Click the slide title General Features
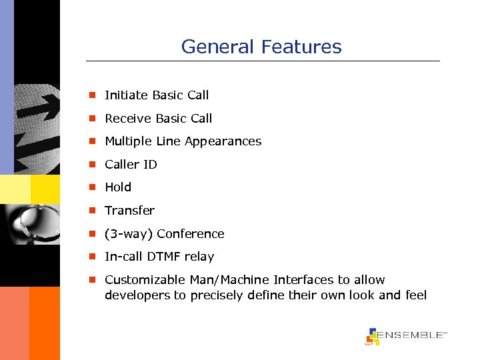[261, 47]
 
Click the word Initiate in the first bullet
[125, 95]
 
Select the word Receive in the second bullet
[127, 119]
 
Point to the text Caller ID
[131, 165]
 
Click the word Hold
[118, 187]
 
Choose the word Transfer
[129, 211]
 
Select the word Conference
[191, 234]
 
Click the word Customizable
[141, 280]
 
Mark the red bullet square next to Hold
[95, 187]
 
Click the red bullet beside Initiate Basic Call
[95, 95]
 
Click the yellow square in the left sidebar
[45, 189]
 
